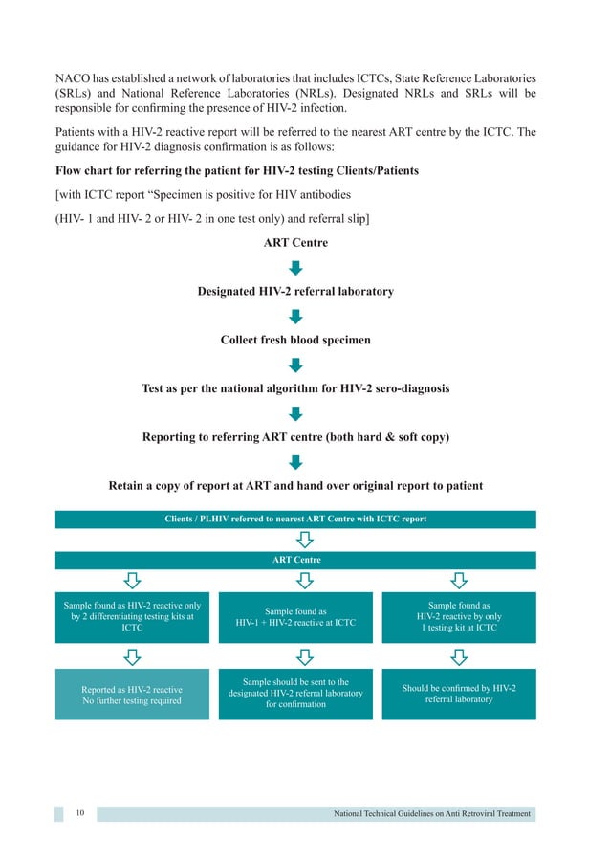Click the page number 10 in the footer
pyautogui.click(x=79, y=814)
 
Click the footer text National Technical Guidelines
pyautogui.click(x=432, y=814)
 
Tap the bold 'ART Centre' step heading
pyautogui.click(x=295, y=243)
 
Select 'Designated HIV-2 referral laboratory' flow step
pyautogui.click(x=295, y=292)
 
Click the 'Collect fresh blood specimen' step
pyautogui.click(x=295, y=340)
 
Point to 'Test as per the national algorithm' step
pyautogui.click(x=295, y=389)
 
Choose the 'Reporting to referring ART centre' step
pyautogui.click(x=295, y=437)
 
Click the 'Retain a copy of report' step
pyautogui.click(x=295, y=486)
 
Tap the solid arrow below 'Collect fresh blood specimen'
pyautogui.click(x=295, y=365)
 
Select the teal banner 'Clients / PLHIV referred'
pyautogui.click(x=295, y=520)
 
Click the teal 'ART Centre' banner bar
pyautogui.click(x=295, y=560)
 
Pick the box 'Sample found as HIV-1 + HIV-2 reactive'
pyautogui.click(x=295, y=617)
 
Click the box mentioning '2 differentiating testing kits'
pyautogui.click(x=132, y=617)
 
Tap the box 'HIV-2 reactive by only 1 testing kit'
pyautogui.click(x=459, y=617)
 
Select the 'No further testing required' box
pyautogui.click(x=132, y=695)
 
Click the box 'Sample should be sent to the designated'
pyautogui.click(x=295, y=695)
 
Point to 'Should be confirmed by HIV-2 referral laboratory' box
pyautogui.click(x=459, y=694)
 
